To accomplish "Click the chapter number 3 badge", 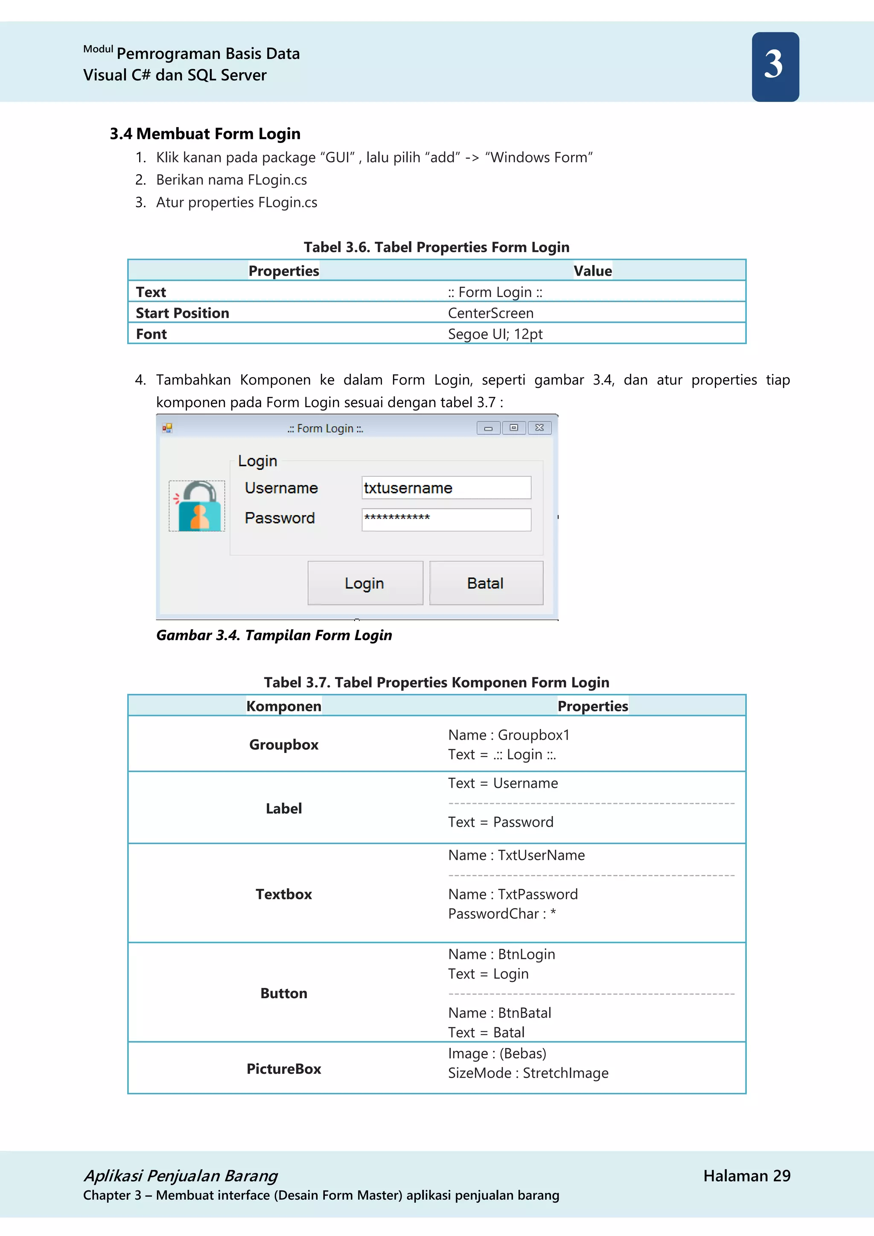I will coord(775,66).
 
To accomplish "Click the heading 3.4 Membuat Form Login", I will coord(205,134).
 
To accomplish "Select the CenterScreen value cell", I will coord(490,313).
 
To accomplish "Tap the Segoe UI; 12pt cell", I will coord(495,334).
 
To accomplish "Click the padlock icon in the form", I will coord(197,506).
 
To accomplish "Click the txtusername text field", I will coord(446,488).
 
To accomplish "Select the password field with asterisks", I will coord(446,519).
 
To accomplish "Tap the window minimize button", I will coord(488,428).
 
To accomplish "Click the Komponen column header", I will coord(284,706).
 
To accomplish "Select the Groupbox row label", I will coord(284,744).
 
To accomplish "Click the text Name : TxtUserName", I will coord(516,855).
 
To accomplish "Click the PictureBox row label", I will coord(284,1069).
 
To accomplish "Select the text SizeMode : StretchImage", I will coord(528,1073).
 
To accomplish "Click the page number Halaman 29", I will coord(746,1176).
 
